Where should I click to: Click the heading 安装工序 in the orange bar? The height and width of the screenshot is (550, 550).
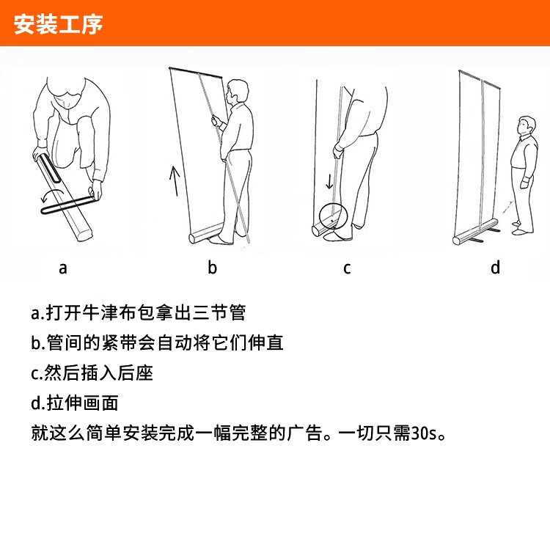pyautogui.click(x=58, y=24)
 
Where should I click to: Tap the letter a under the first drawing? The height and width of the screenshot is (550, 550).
pyautogui.click(x=63, y=268)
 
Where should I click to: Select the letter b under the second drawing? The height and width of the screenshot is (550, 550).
pyautogui.click(x=212, y=267)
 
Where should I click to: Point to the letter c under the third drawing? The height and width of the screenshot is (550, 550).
pyautogui.click(x=347, y=268)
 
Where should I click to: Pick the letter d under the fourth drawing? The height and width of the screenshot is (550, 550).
pyautogui.click(x=495, y=267)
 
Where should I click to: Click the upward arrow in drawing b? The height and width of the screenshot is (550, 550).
pyautogui.click(x=175, y=180)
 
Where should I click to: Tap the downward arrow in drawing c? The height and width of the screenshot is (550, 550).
pyautogui.click(x=329, y=180)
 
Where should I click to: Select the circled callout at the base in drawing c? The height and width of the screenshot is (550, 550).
pyautogui.click(x=333, y=216)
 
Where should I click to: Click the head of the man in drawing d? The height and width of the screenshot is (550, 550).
pyautogui.click(x=527, y=126)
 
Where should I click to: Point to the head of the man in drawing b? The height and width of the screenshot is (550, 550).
pyautogui.click(x=237, y=91)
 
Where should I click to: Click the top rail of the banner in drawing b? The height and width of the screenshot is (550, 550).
pyautogui.click(x=196, y=73)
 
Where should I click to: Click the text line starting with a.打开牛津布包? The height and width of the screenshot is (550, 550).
pyautogui.click(x=138, y=312)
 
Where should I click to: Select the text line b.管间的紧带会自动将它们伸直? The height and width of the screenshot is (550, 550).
pyautogui.click(x=157, y=342)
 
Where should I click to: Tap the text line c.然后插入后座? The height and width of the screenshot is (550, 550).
pyautogui.click(x=92, y=373)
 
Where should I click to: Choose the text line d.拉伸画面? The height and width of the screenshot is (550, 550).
pyautogui.click(x=74, y=403)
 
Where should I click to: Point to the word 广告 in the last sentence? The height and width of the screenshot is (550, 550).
pyautogui.click(x=304, y=433)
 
